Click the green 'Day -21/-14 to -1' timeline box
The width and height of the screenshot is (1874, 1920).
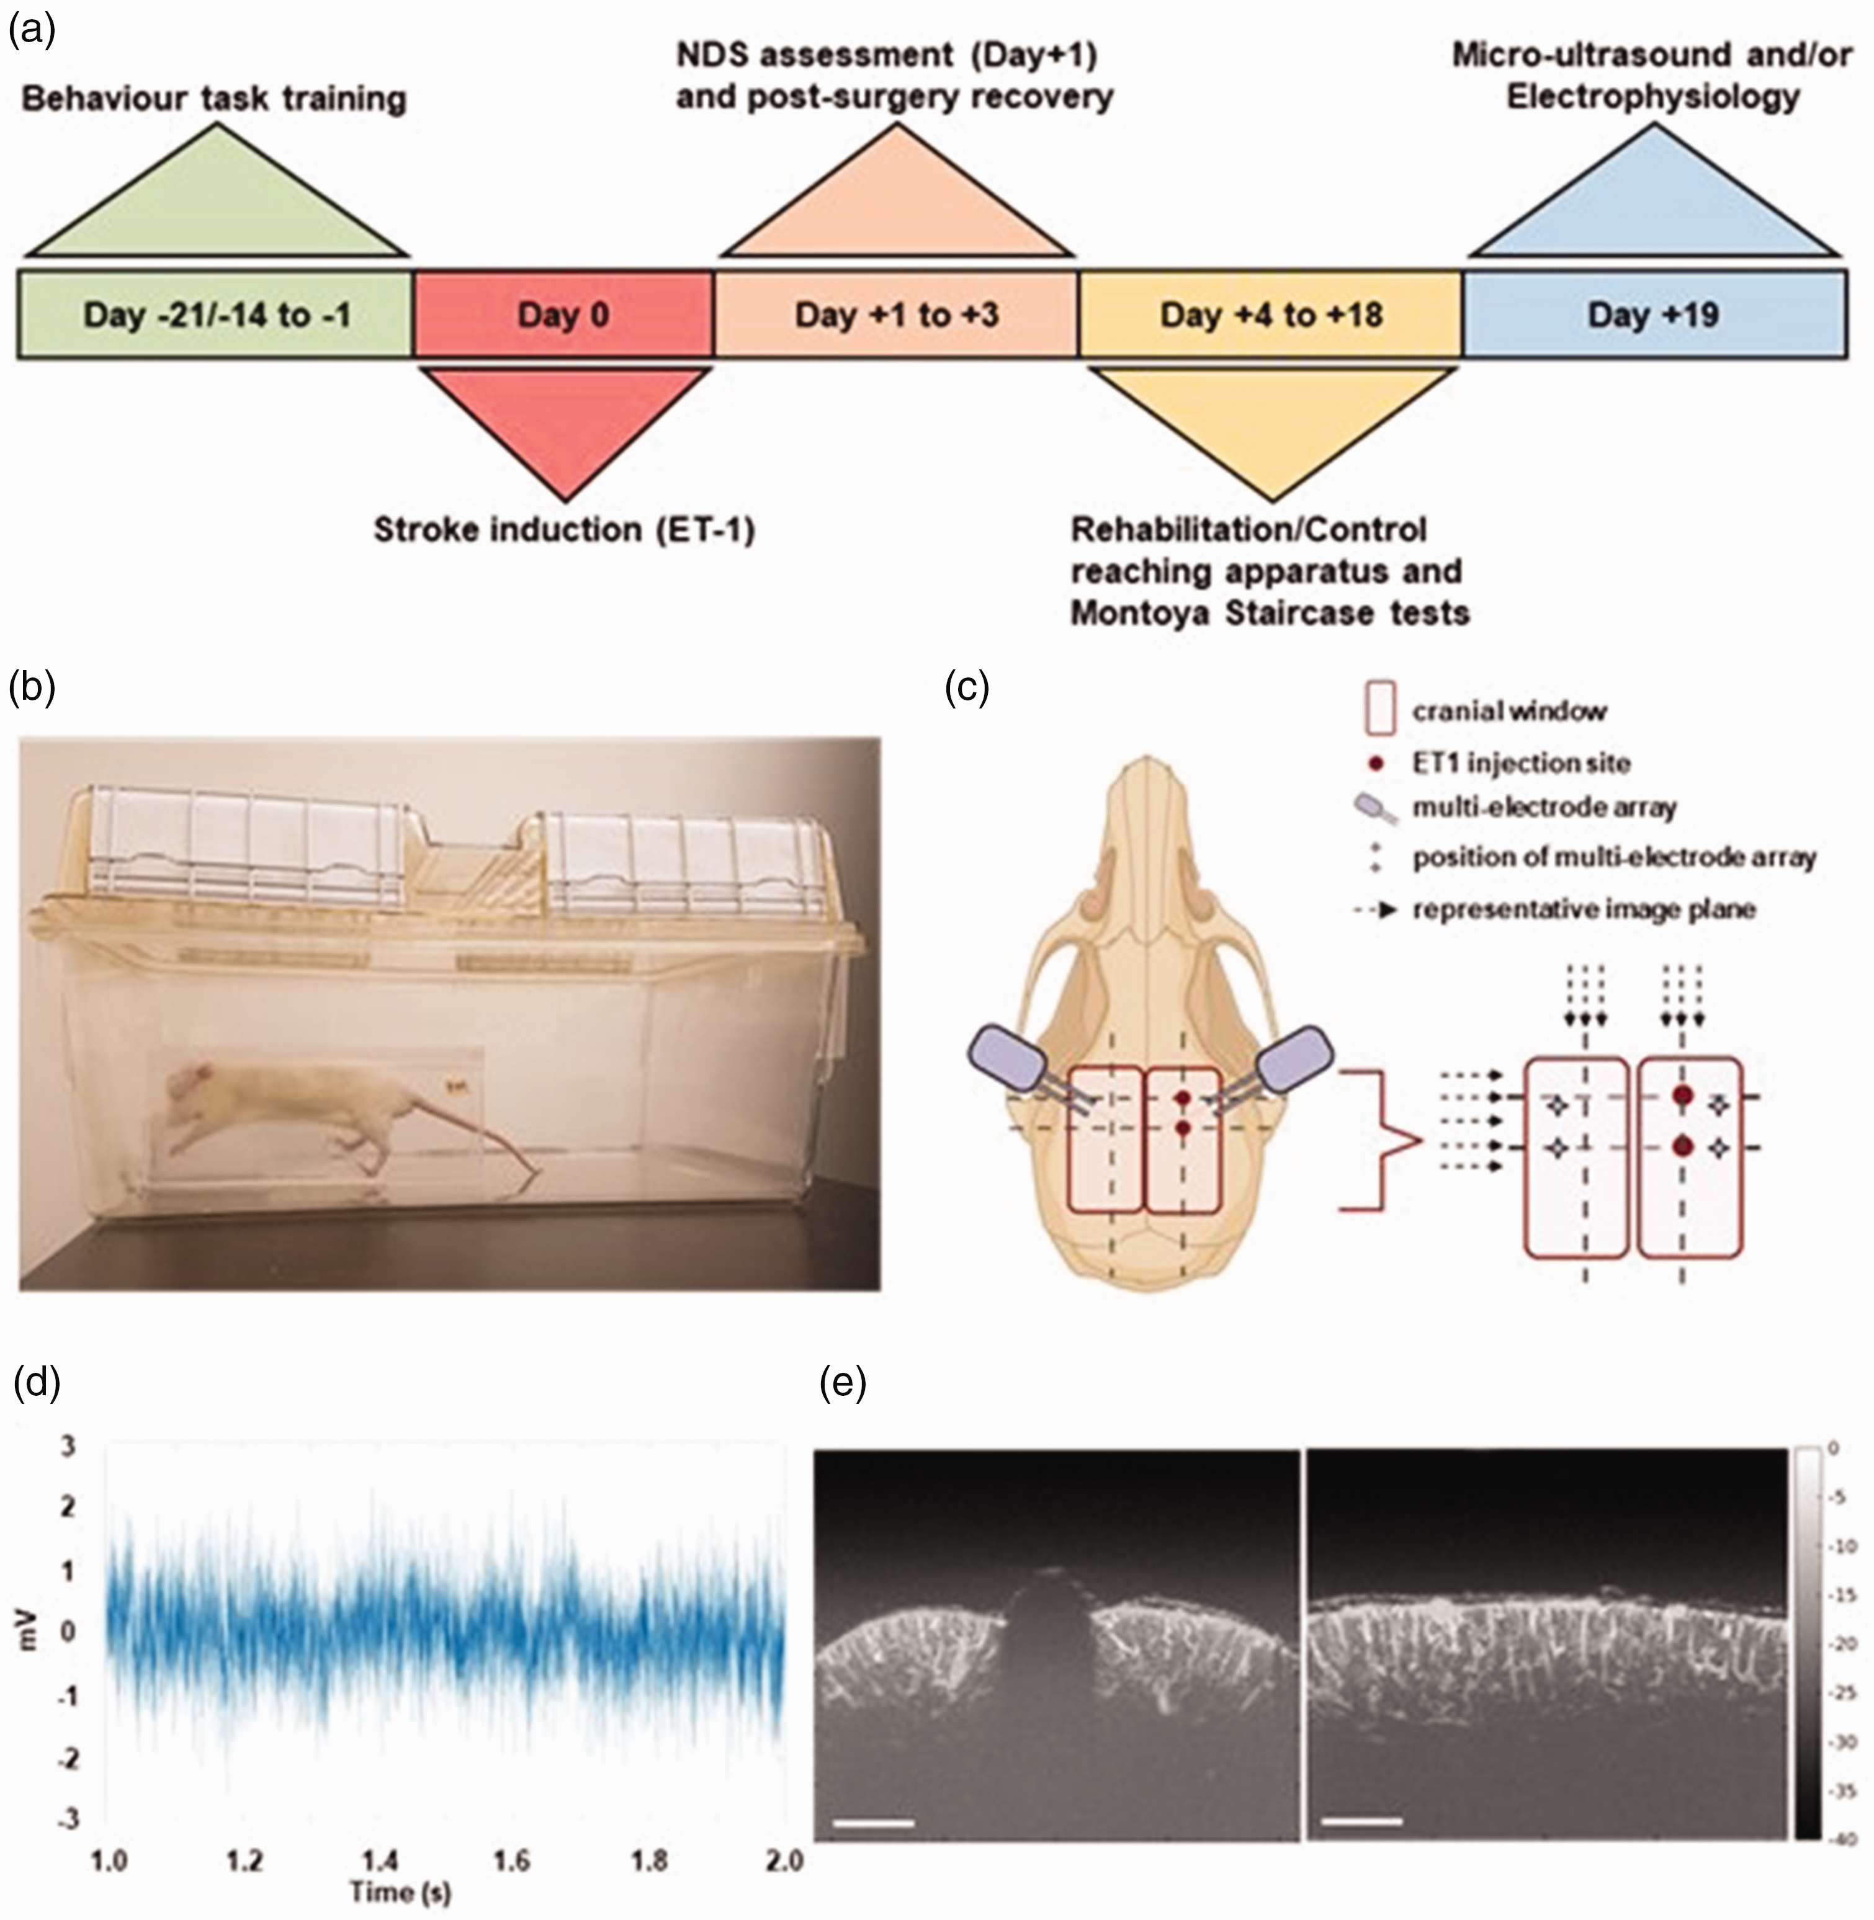215,314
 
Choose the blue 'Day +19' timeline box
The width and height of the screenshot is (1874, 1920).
1654,314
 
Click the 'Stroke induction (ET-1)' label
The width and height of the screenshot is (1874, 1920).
564,530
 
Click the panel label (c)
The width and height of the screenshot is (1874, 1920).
967,689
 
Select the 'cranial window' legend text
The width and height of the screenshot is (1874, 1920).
1510,710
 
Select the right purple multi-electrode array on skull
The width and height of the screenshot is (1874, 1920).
1294,1060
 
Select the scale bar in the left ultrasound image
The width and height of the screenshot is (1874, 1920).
874,1823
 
